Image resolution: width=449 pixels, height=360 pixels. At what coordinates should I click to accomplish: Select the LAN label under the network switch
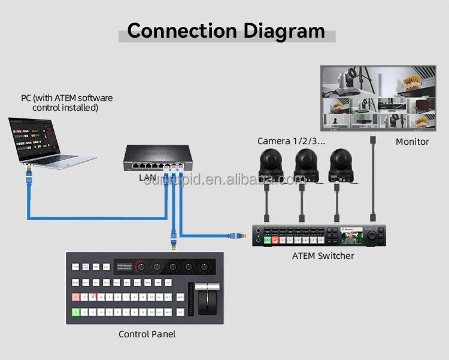(147, 178)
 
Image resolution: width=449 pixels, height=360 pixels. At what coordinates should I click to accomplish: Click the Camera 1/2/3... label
(291, 141)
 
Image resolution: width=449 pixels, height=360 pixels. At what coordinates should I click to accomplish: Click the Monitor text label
(412, 142)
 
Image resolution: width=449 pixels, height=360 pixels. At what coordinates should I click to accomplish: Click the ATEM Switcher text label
(323, 256)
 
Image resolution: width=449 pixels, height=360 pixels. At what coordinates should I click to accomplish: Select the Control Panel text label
(147, 334)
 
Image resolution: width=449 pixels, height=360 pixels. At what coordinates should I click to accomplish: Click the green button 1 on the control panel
(76, 312)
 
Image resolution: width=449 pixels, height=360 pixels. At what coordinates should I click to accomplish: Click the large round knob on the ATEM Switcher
(372, 236)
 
